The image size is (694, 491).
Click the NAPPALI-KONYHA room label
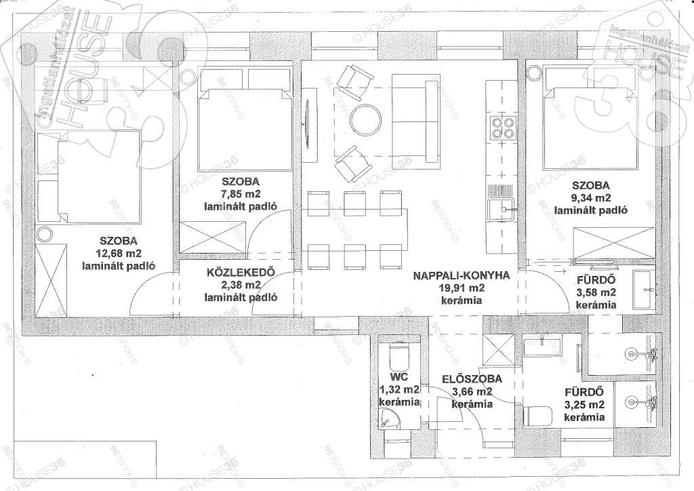click(x=461, y=275)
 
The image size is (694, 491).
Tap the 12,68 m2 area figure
click(x=118, y=254)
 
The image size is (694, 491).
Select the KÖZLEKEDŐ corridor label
click(x=241, y=271)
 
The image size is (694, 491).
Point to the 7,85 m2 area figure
click(x=241, y=194)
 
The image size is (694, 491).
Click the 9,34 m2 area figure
click(x=590, y=198)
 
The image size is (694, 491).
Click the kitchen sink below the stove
click(x=502, y=209)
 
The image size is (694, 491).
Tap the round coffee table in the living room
click(x=365, y=119)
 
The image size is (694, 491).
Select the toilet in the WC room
click(x=399, y=357)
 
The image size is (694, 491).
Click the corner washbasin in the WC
click(x=388, y=418)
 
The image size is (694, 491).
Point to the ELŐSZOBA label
click(x=472, y=379)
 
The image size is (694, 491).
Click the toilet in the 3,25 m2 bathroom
click(x=537, y=416)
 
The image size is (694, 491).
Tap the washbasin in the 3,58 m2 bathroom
click(x=642, y=289)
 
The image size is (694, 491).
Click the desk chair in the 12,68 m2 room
click(x=91, y=90)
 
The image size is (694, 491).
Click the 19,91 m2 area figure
click(x=461, y=288)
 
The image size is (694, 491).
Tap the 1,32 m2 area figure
click(x=400, y=389)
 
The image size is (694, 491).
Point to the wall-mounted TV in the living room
click(x=308, y=125)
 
